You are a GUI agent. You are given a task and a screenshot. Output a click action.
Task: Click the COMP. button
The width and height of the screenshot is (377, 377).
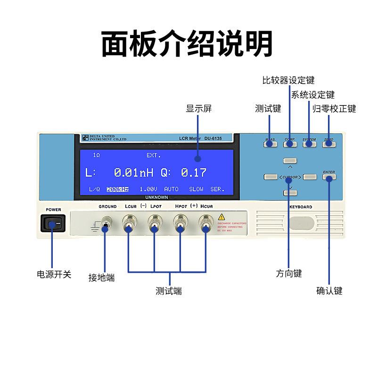tap(290, 143)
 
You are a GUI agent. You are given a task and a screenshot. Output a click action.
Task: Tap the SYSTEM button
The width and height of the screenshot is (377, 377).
tap(309, 143)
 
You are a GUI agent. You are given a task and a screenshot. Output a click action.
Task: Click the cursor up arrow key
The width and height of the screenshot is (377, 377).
tap(290, 161)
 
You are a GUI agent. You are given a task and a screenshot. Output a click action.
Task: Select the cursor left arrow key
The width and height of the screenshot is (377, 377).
tap(270, 177)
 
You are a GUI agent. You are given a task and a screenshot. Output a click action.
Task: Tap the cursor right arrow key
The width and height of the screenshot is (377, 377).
tap(310, 177)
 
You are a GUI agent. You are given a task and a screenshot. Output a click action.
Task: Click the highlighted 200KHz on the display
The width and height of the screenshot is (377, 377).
tap(117, 189)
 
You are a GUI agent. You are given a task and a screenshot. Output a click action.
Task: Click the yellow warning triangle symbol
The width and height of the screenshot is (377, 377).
tap(221, 217)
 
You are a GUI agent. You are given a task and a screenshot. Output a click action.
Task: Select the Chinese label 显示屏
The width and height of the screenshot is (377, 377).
tap(199, 109)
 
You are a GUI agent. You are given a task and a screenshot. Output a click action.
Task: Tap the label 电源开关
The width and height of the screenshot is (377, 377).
tap(54, 274)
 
